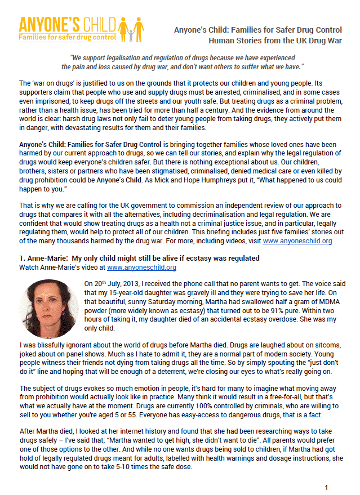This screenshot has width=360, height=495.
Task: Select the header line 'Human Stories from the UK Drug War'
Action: coord(275,41)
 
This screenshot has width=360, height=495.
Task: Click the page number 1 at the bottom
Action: coord(326,487)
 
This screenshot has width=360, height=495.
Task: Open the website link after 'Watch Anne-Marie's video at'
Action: coord(141,267)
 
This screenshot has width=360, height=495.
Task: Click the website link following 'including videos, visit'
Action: coord(297,240)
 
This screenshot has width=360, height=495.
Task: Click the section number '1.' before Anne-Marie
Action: coord(23,258)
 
